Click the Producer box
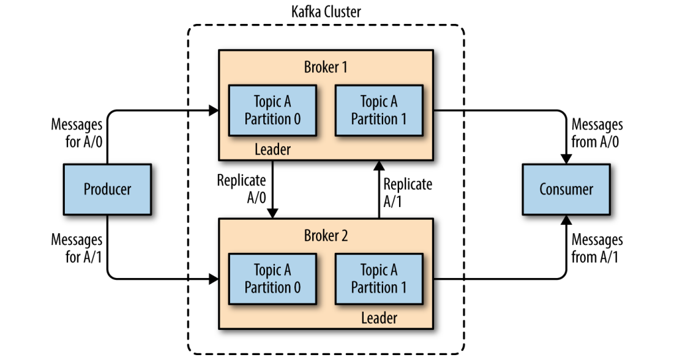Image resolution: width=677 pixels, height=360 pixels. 107,189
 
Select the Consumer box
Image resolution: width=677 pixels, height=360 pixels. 566,189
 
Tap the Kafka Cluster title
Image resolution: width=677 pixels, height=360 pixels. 326,12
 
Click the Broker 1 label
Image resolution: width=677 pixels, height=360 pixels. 326,67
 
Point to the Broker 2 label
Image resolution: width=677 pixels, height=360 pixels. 326,236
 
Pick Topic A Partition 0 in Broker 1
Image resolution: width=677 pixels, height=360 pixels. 272,110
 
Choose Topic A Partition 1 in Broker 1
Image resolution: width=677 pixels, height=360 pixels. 378,110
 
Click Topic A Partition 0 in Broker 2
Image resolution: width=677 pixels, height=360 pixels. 272,279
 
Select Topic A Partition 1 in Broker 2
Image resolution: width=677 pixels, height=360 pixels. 378,279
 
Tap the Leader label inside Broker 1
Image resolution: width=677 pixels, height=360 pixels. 272,149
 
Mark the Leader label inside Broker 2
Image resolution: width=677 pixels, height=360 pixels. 378,318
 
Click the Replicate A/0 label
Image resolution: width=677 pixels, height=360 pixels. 241,189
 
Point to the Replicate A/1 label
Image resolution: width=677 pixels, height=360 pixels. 408,192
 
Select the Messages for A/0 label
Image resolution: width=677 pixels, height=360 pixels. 77,133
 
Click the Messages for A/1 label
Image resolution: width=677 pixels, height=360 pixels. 77,248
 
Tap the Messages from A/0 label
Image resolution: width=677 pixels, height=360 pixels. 597,133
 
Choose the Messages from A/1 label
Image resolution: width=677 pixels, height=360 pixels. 597,248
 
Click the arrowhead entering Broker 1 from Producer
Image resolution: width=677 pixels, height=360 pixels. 214,111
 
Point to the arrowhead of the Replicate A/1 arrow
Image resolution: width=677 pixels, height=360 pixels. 379,164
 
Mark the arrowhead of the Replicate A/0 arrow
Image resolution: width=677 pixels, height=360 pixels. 272,212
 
